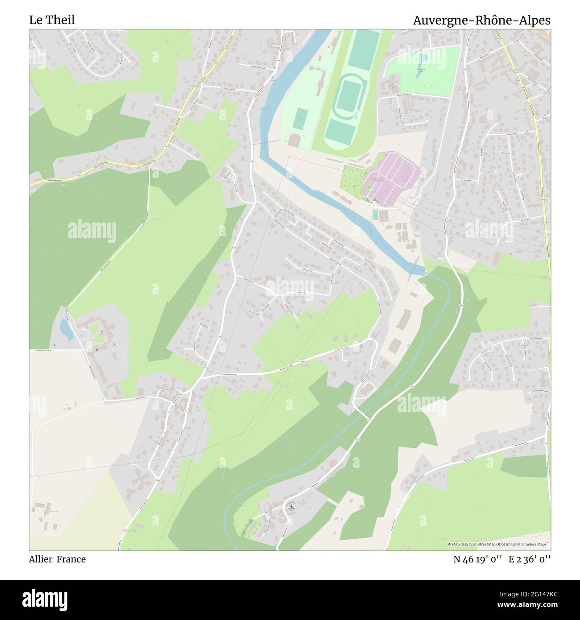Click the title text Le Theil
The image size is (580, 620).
[52, 20]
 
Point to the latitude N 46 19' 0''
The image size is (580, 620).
[479, 559]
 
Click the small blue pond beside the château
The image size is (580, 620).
[66, 330]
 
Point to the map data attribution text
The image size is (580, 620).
[498, 544]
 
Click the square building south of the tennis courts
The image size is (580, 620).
[294, 141]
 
